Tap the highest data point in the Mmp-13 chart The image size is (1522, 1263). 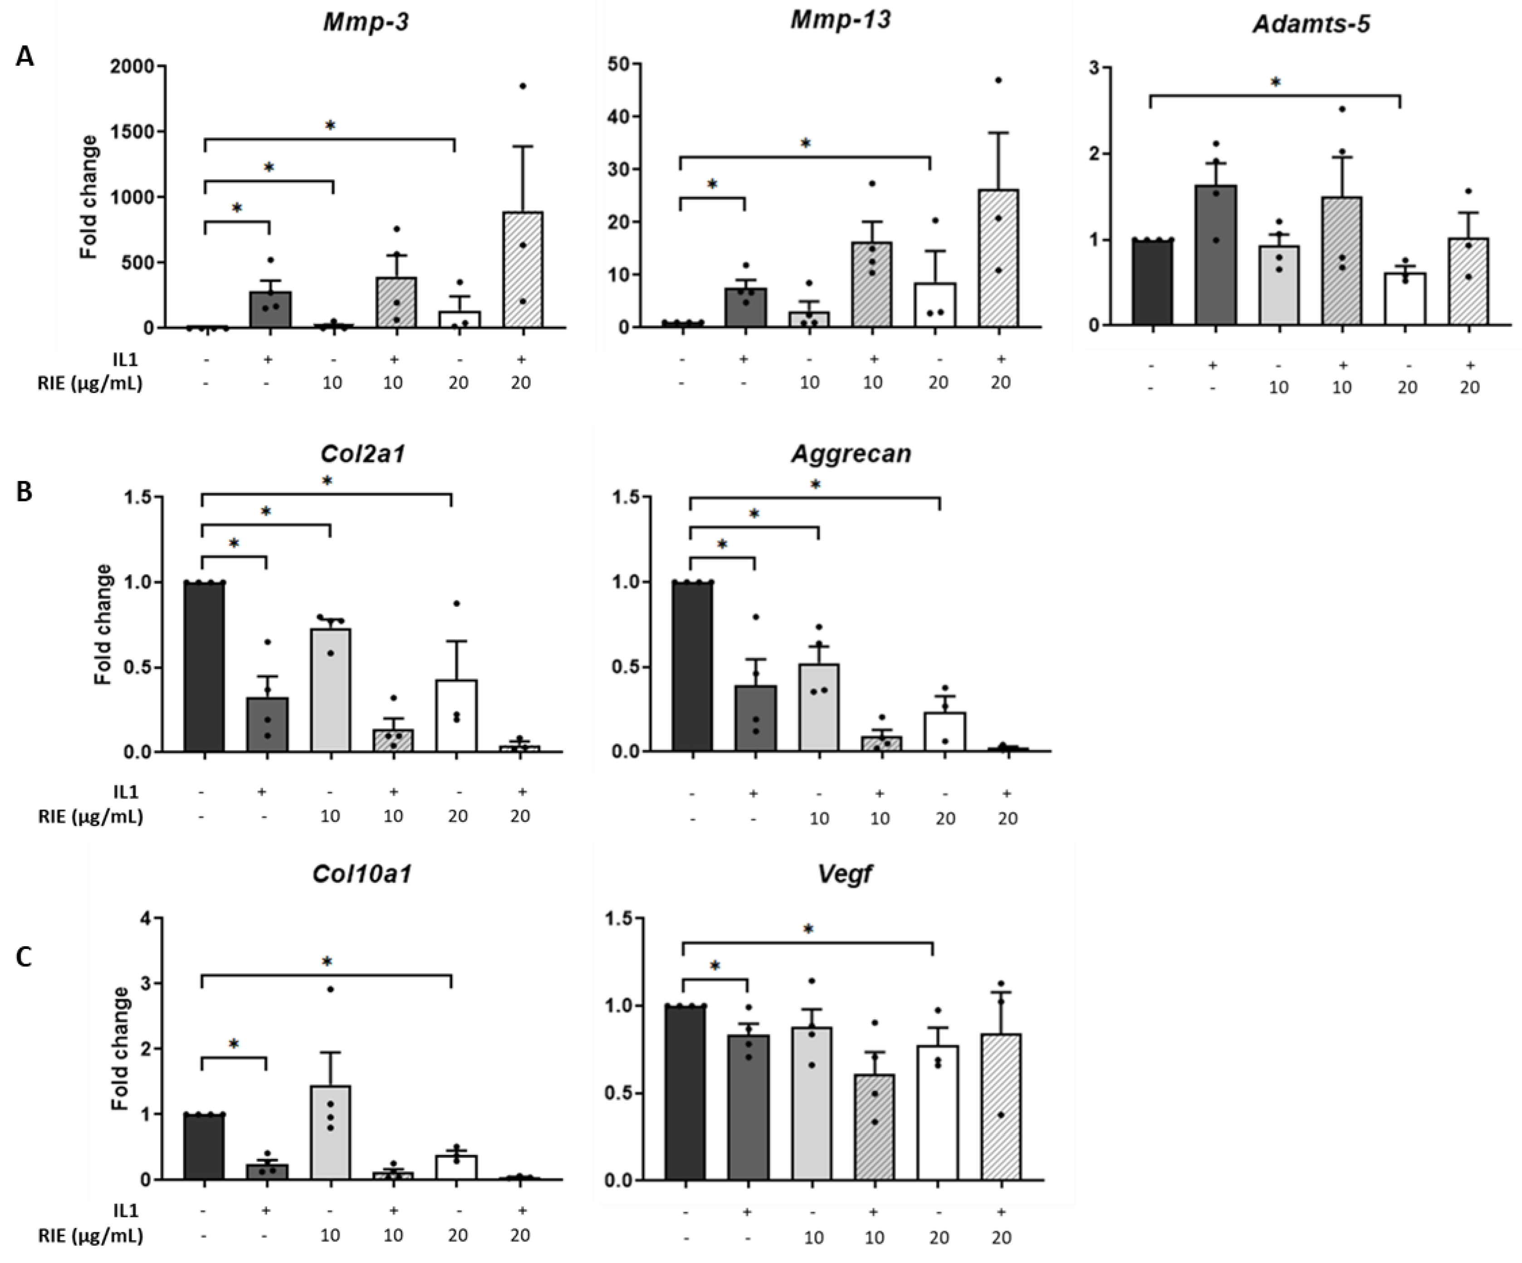coord(999,80)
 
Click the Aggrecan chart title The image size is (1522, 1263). coord(851,454)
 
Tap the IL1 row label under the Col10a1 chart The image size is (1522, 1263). coord(125,1211)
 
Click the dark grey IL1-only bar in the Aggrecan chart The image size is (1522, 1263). coord(756,718)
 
